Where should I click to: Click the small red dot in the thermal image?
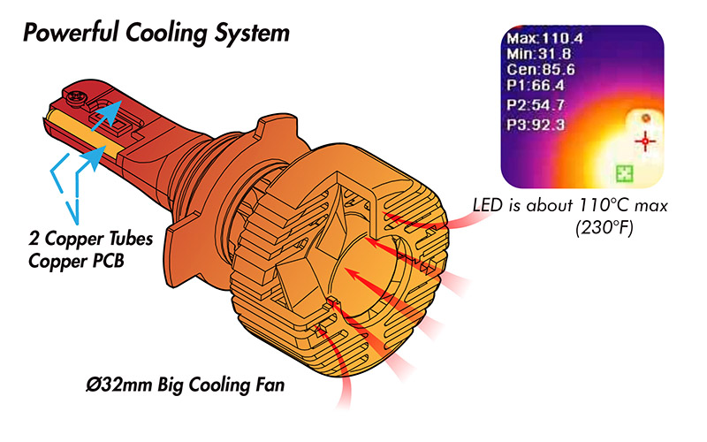[646, 118]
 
